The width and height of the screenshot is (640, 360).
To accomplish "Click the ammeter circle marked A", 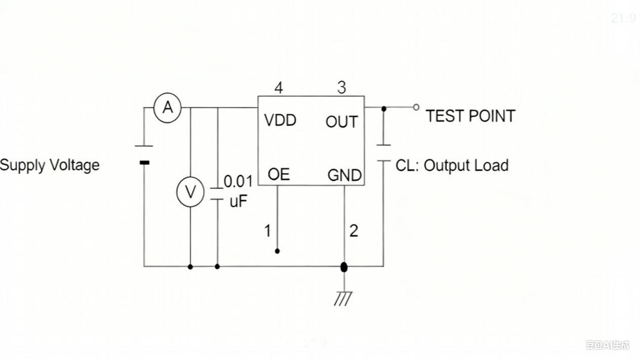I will tap(167, 107).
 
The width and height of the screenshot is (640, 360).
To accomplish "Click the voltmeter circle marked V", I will tap(190, 192).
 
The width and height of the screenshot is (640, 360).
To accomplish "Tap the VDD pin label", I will tap(280, 121).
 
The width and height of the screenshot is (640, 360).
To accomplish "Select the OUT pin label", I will tap(341, 122).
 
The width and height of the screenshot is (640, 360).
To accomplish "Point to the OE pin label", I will tap(278, 174).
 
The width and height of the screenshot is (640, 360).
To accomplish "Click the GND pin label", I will tap(344, 175).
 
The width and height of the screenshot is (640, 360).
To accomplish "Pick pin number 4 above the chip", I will tap(278, 88).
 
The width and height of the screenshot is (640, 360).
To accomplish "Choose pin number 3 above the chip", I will tap(342, 88).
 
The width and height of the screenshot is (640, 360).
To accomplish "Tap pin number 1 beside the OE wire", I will tap(268, 231).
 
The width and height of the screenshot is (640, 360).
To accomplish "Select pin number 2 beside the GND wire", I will tap(354, 231).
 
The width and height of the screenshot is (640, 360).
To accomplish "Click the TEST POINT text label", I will tap(470, 116).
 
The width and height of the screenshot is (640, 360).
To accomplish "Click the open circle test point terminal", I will tap(416, 107).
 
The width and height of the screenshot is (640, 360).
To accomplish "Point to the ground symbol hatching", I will tap(343, 299).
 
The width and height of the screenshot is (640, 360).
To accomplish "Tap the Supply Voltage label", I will tap(50, 165).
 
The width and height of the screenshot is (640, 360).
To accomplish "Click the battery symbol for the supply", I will tap(144, 154).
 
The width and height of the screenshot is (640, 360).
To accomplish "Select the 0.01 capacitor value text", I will tap(238, 181).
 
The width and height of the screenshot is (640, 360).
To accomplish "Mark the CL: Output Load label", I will tap(452, 166).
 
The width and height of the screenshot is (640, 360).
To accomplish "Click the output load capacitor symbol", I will tap(383, 153).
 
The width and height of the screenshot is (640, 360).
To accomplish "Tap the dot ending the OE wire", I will tap(277, 251).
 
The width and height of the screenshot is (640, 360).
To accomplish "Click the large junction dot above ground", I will tap(344, 267).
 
